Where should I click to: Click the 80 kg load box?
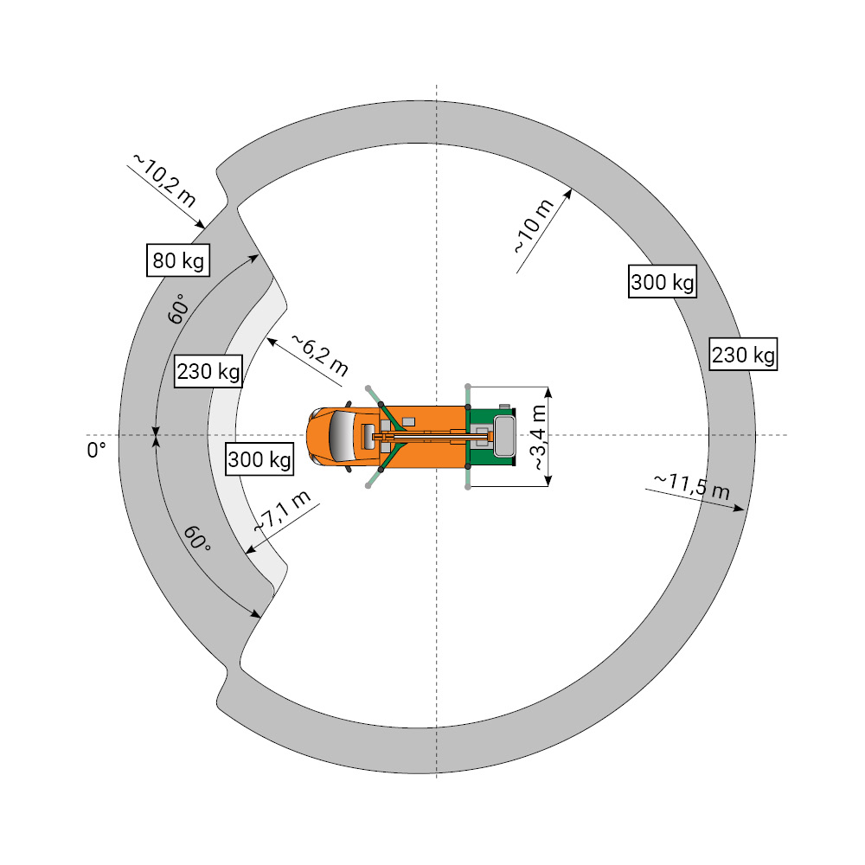[178, 259]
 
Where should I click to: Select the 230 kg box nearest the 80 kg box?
[208, 371]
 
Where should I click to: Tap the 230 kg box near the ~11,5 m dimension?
[743, 354]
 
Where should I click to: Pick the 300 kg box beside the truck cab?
[259, 459]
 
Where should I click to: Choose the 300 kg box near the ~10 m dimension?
[663, 282]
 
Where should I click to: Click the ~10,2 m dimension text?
[164, 180]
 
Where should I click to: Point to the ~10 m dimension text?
[534, 226]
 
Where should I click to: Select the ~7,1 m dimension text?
[282, 511]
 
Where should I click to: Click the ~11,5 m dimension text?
[692, 486]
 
